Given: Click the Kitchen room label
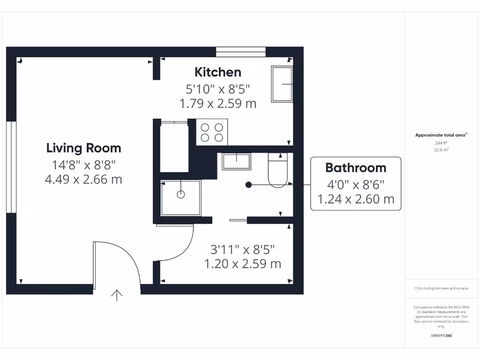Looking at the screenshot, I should [x=218, y=72].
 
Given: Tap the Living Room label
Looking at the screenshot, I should [x=83, y=149].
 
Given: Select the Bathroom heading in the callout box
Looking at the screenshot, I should [x=356, y=168].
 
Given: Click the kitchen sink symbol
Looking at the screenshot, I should [x=281, y=84].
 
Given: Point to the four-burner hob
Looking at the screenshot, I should [x=212, y=132].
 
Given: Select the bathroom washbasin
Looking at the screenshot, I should [x=236, y=161].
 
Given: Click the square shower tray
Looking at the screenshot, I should [x=180, y=197].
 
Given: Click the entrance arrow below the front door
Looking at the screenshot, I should [x=116, y=295].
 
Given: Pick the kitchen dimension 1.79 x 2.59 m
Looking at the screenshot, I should [x=218, y=103].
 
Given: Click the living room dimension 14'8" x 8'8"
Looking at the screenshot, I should [x=84, y=165].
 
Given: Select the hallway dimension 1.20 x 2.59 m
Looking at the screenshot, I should [x=242, y=264].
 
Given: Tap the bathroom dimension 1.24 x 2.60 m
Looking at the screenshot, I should [x=356, y=199].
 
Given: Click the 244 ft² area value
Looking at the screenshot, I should [x=441, y=143].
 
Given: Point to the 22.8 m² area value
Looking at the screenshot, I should [x=441, y=150].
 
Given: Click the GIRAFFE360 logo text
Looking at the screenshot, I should [x=441, y=336].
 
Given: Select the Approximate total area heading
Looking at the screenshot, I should [x=441, y=135].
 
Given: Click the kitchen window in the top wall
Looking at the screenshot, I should [x=240, y=52].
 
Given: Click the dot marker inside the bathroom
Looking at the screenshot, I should [x=248, y=185].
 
